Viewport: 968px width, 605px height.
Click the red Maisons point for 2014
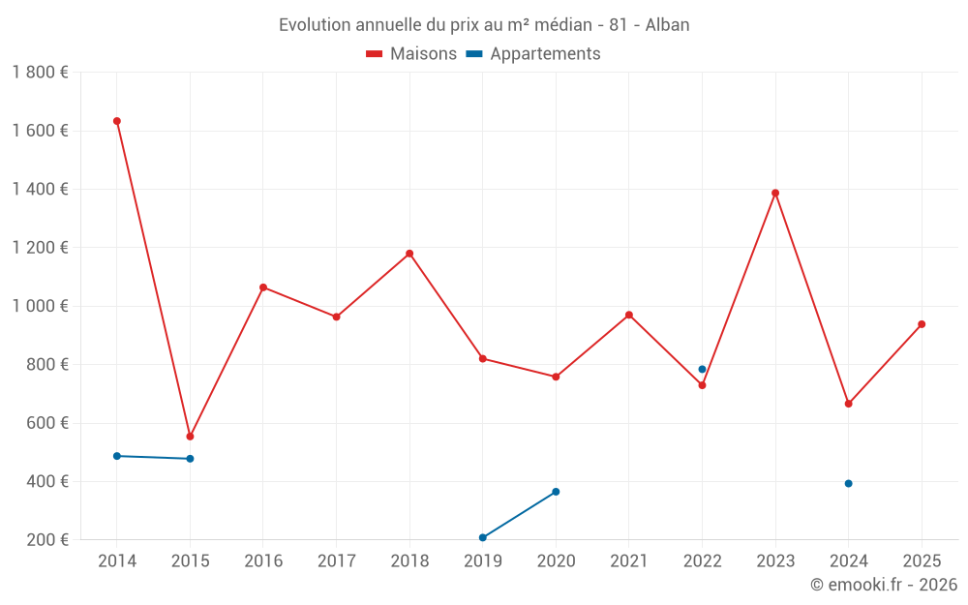pyautogui.click(x=117, y=121)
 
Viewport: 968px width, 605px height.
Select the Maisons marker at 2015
pyautogui.click(x=190, y=437)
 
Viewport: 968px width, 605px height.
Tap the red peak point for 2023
pyautogui.click(x=775, y=193)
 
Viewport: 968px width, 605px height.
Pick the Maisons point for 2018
pyautogui.click(x=409, y=254)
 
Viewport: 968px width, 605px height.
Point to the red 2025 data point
pyautogui.click(x=922, y=324)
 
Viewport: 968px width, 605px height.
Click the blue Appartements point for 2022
pyautogui.click(x=702, y=369)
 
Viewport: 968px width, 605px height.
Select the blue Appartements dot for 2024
pyautogui.click(x=848, y=483)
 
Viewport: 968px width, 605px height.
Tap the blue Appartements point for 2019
pyautogui.click(x=482, y=537)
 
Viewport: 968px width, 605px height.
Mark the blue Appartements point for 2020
pyautogui.click(x=556, y=492)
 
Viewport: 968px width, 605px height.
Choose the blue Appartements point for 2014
pyautogui.click(x=117, y=456)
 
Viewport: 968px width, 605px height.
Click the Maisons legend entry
pyautogui.click(x=411, y=54)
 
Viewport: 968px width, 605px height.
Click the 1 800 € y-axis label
pyautogui.click(x=40, y=73)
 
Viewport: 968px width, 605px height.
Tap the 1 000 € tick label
pyautogui.click(x=40, y=306)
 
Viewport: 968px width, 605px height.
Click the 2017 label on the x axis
pyautogui.click(x=336, y=561)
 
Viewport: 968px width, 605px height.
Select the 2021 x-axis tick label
pyautogui.click(x=629, y=561)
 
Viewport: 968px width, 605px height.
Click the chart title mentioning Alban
pyautogui.click(x=484, y=25)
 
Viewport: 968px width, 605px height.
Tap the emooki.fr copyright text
pyautogui.click(x=884, y=585)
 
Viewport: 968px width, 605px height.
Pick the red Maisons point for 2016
pyautogui.click(x=263, y=287)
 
